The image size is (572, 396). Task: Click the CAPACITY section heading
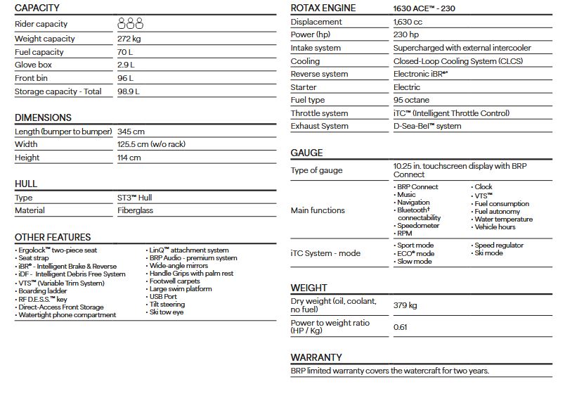(x=37, y=8)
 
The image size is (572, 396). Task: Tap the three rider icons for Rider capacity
(x=131, y=24)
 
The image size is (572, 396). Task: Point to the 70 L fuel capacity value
(x=126, y=52)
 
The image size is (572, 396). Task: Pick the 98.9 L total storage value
(x=129, y=91)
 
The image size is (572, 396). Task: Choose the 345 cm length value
(x=131, y=132)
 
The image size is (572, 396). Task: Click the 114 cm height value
(x=129, y=158)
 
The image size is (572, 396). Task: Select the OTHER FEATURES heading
(x=53, y=237)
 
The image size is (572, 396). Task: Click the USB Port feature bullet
(x=162, y=297)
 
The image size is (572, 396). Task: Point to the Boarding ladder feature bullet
(x=43, y=291)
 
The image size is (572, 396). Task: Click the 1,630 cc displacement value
(x=408, y=22)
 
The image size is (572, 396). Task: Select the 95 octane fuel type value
(x=412, y=100)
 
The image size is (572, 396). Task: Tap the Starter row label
(x=304, y=87)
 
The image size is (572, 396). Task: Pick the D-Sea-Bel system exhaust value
(x=427, y=126)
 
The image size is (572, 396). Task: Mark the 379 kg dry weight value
(x=405, y=305)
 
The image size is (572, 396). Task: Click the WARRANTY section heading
(x=316, y=357)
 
